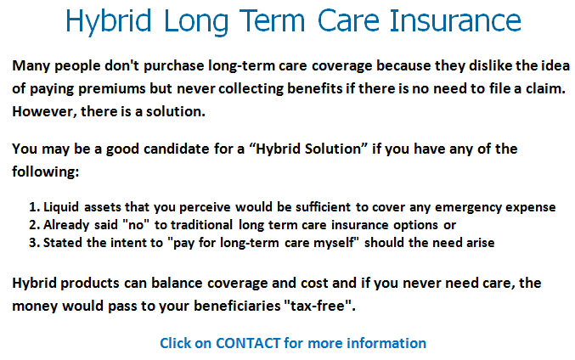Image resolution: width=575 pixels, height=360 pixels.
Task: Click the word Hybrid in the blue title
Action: pos(109,21)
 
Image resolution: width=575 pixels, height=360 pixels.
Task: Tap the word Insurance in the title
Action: pos(455,20)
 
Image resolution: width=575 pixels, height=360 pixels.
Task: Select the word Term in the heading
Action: pos(272,21)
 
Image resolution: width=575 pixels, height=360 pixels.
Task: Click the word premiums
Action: pos(112,89)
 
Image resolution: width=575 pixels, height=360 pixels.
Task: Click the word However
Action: pos(44,112)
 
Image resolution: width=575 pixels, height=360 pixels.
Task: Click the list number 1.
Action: pos(34,207)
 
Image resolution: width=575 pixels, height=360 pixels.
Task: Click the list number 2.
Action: pos(34,225)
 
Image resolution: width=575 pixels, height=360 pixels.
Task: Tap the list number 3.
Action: pos(34,243)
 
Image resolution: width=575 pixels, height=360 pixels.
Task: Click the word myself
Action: pos(335,243)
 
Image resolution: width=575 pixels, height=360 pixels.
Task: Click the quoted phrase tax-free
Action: pos(318,306)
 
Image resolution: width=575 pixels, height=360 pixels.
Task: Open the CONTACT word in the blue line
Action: pos(248,344)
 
